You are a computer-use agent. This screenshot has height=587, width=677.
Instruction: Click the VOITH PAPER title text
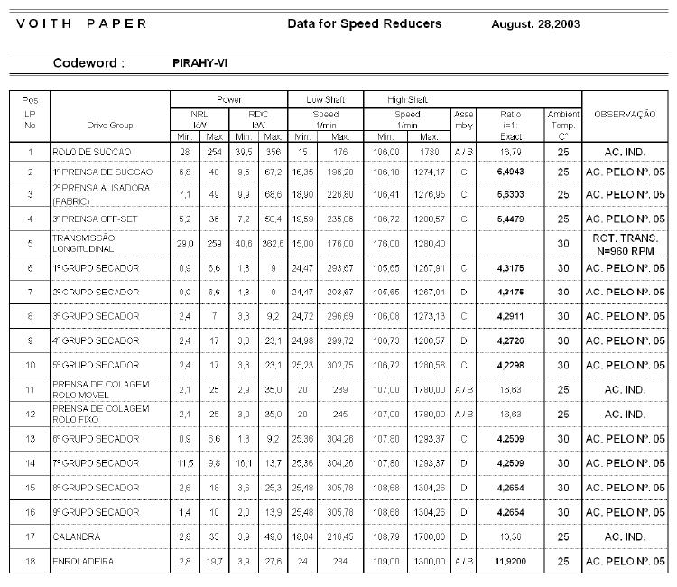pyautogui.click(x=81, y=23)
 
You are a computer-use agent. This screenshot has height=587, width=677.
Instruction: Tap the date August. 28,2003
pyautogui.click(x=535, y=23)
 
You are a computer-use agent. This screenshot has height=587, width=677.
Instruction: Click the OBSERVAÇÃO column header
pyautogui.click(x=625, y=115)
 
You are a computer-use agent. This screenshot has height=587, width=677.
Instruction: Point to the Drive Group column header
pyautogui.click(x=110, y=126)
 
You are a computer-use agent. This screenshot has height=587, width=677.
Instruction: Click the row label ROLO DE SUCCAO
pyautogui.click(x=92, y=152)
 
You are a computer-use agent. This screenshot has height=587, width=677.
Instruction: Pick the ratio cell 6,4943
pyautogui.click(x=511, y=171)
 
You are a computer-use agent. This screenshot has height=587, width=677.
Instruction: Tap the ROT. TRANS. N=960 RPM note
pyautogui.click(x=625, y=242)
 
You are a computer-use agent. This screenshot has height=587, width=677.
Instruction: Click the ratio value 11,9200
pyautogui.click(x=511, y=561)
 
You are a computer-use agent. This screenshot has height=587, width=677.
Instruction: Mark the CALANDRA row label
pyautogui.click(x=78, y=536)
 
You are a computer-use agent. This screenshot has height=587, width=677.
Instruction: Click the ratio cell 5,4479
pyautogui.click(x=511, y=219)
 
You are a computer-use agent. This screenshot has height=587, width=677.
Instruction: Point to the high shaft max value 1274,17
pyautogui.click(x=429, y=171)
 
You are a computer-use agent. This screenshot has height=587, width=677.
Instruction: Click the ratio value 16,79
pyautogui.click(x=511, y=152)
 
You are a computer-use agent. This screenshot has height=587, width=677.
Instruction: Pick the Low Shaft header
pyautogui.click(x=325, y=98)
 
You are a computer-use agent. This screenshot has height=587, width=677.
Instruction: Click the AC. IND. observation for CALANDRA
pyautogui.click(x=625, y=536)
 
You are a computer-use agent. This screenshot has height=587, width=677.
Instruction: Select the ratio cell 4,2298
pyautogui.click(x=511, y=365)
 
